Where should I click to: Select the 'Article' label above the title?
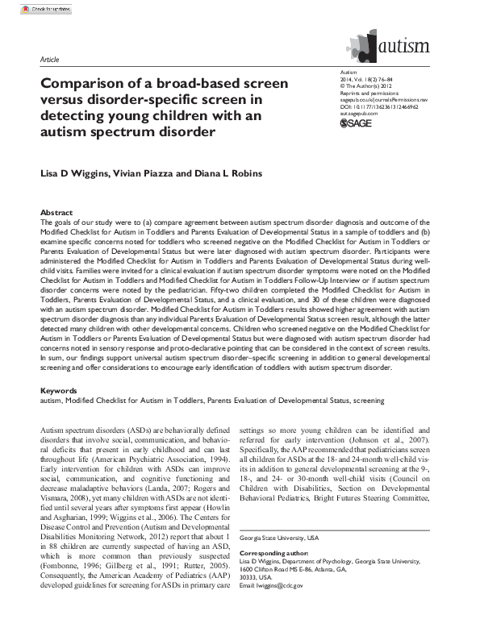pos(48,60)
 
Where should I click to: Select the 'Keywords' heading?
pos(60,391)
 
